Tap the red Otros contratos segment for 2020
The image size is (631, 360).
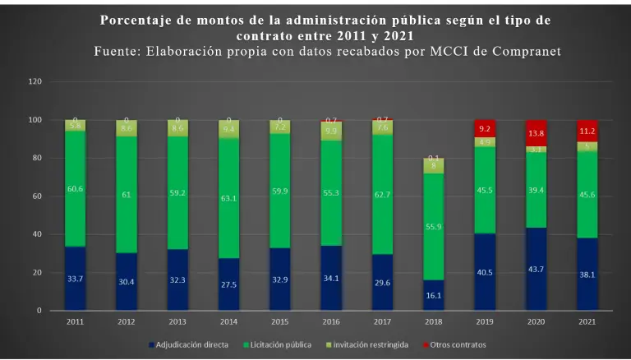click(x=537, y=132)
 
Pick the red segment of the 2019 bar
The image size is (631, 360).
click(x=485, y=128)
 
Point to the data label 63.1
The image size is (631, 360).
click(x=228, y=198)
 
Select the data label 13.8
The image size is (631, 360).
click(x=537, y=133)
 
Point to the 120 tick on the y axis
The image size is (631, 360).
click(x=35, y=82)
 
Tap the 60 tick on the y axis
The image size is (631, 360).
click(x=38, y=196)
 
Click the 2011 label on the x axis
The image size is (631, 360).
click(x=75, y=321)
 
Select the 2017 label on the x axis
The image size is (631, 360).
click(x=383, y=321)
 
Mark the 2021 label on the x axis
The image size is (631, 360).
click(x=587, y=321)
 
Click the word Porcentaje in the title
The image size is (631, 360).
click(x=138, y=20)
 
